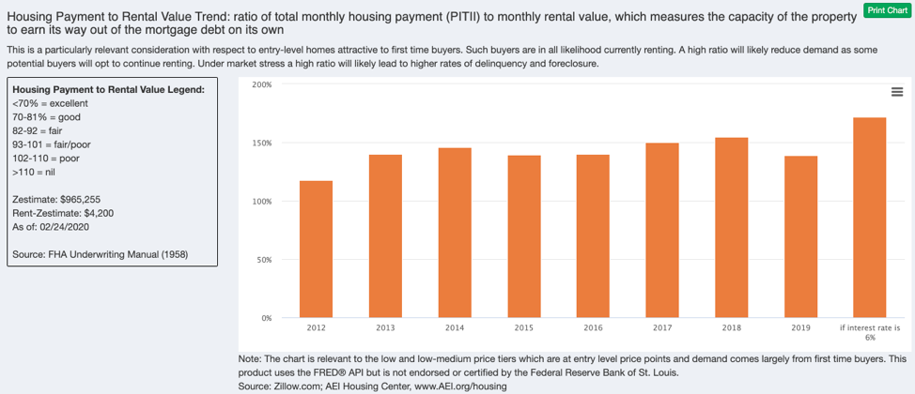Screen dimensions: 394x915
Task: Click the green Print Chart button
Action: pos(887,10)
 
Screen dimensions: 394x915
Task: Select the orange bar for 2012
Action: pos(316,249)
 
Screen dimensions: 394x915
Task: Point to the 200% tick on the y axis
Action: pos(262,84)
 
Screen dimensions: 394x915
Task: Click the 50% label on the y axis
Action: pos(264,260)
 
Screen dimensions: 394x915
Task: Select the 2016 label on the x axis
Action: pos(593,328)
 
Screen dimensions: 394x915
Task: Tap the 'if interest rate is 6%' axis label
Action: pos(869,332)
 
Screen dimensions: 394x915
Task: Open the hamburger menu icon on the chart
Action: pos(896,92)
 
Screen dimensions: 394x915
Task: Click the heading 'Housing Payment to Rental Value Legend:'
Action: pos(108,89)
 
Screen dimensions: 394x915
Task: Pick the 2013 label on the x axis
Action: pos(385,328)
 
